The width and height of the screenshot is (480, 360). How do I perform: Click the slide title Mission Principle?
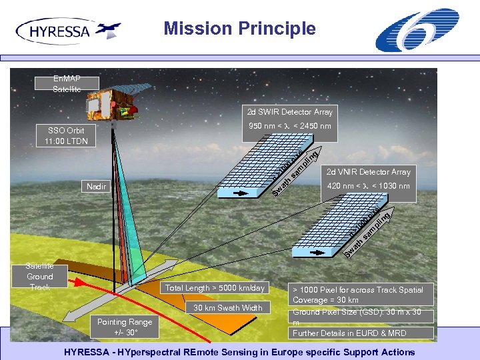239,29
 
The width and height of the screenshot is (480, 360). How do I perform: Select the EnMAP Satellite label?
67,84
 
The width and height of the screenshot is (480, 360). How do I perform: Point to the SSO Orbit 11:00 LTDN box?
66,135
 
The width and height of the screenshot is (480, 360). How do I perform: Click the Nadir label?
96,186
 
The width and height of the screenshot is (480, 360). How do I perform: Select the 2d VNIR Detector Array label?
369,172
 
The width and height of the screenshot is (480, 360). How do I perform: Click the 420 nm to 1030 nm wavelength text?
368,186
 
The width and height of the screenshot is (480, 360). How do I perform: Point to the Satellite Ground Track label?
40,277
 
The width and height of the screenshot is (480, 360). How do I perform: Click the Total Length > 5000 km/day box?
215,288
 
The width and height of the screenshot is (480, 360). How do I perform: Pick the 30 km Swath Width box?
228,308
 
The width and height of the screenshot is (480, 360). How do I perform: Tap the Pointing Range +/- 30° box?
125,327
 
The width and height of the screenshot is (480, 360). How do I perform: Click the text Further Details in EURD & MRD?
349,333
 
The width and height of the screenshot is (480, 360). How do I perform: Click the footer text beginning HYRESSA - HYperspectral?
239,352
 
